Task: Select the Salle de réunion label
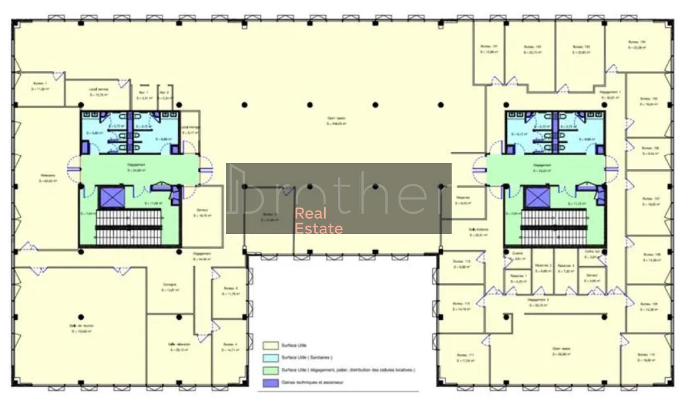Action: [x=81, y=326]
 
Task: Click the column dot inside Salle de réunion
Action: [x=81, y=317]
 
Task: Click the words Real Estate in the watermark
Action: [x=319, y=221]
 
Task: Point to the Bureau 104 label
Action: [x=636, y=42]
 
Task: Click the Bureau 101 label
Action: [x=489, y=46]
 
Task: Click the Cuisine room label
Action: [x=518, y=253]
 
